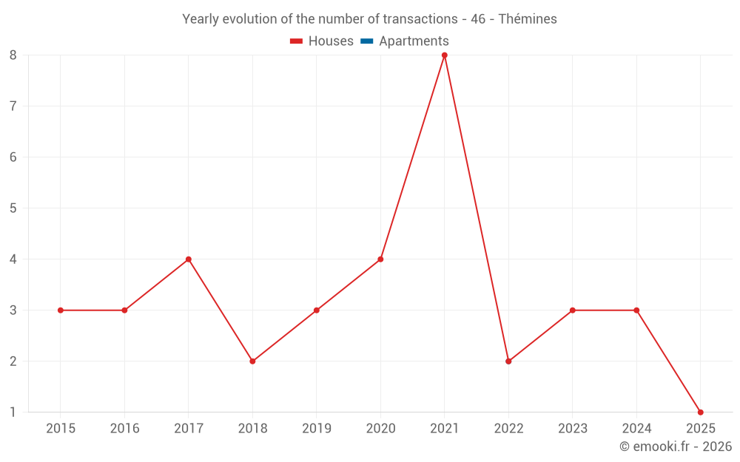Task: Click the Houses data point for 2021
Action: [445, 55]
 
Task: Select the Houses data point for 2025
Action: [700, 412]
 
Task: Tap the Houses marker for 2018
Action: [252, 361]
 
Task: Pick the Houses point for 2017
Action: [189, 259]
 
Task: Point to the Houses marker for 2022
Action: [508, 361]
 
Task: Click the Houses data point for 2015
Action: [61, 310]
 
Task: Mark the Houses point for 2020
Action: [380, 259]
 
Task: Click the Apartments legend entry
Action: [413, 41]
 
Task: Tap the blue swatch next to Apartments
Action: [366, 41]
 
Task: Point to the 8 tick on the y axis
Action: [13, 55]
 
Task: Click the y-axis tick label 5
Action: [13, 208]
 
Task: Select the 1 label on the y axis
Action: [13, 412]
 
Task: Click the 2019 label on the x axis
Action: [317, 428]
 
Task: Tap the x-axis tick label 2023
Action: [573, 428]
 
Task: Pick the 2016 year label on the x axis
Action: [124, 428]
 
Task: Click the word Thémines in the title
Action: [528, 19]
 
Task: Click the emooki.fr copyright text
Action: [675, 446]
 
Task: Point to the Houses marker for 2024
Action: [636, 310]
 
